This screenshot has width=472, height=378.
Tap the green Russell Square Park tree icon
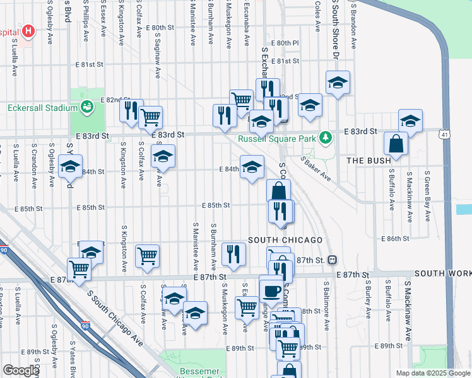(x=325, y=137)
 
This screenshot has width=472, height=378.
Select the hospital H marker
(x=28, y=31)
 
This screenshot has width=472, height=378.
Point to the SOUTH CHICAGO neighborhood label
(x=285, y=240)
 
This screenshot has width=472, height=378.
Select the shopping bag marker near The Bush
(x=396, y=144)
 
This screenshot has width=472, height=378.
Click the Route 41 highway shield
(x=445, y=134)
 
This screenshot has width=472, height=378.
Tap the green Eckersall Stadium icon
(x=86, y=107)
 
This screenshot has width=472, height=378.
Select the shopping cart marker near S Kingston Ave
(x=148, y=256)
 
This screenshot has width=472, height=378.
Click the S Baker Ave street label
(x=316, y=168)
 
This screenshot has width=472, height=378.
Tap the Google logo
(x=20, y=370)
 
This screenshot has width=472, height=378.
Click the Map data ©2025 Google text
(x=432, y=373)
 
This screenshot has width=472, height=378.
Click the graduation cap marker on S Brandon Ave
(x=338, y=83)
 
